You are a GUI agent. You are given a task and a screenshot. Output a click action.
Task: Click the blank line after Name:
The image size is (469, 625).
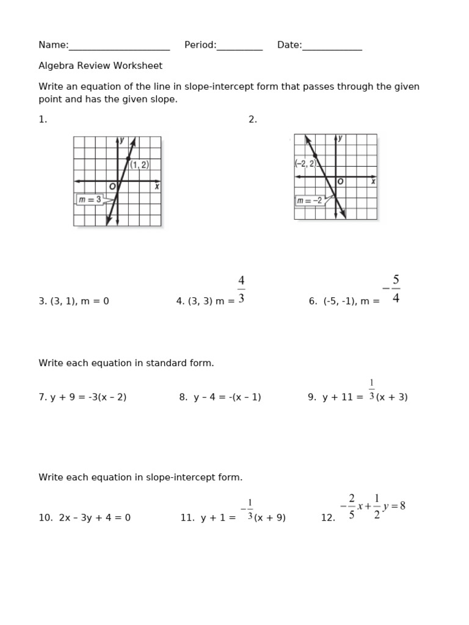(x=119, y=46)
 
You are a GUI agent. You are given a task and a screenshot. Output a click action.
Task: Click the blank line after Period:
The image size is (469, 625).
(x=239, y=46)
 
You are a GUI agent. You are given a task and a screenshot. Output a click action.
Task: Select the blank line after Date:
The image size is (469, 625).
(x=332, y=46)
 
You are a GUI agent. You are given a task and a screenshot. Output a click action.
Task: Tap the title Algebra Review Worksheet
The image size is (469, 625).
(x=100, y=66)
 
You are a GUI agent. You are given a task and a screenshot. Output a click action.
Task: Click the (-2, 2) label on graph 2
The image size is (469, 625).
(x=305, y=164)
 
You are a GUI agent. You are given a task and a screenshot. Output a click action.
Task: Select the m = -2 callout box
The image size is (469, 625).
(x=309, y=200)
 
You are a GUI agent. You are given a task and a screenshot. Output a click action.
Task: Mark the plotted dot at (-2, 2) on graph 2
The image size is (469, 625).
(x=315, y=156)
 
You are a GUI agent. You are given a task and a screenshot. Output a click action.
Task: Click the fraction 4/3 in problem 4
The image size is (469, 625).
(x=241, y=289)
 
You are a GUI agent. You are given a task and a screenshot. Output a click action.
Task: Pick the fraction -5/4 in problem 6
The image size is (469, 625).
(x=393, y=289)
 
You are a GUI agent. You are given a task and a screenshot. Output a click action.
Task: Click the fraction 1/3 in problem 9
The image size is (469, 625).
(x=371, y=390)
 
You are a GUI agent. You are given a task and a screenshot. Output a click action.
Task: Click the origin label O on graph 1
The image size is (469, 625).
(x=112, y=187)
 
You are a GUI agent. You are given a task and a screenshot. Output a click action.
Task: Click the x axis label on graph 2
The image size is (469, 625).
(x=373, y=181)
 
